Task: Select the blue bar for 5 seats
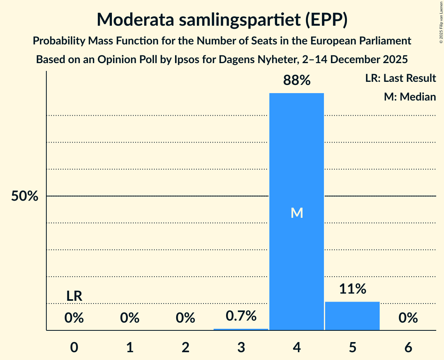pyautogui.click(x=352, y=316)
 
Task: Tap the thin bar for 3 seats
pyautogui.click(x=241, y=329)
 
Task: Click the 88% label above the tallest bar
pyautogui.click(x=297, y=81)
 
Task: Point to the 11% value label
pyautogui.click(x=352, y=289)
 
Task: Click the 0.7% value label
pyautogui.click(x=241, y=316)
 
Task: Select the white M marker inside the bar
pyautogui.click(x=297, y=213)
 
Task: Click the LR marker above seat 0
pyautogui.click(x=74, y=296)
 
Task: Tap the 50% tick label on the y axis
pyautogui.click(x=25, y=196)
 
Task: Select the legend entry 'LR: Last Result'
pyautogui.click(x=400, y=78)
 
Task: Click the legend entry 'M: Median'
pyautogui.click(x=410, y=97)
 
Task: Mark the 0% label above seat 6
pyautogui.click(x=408, y=318)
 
